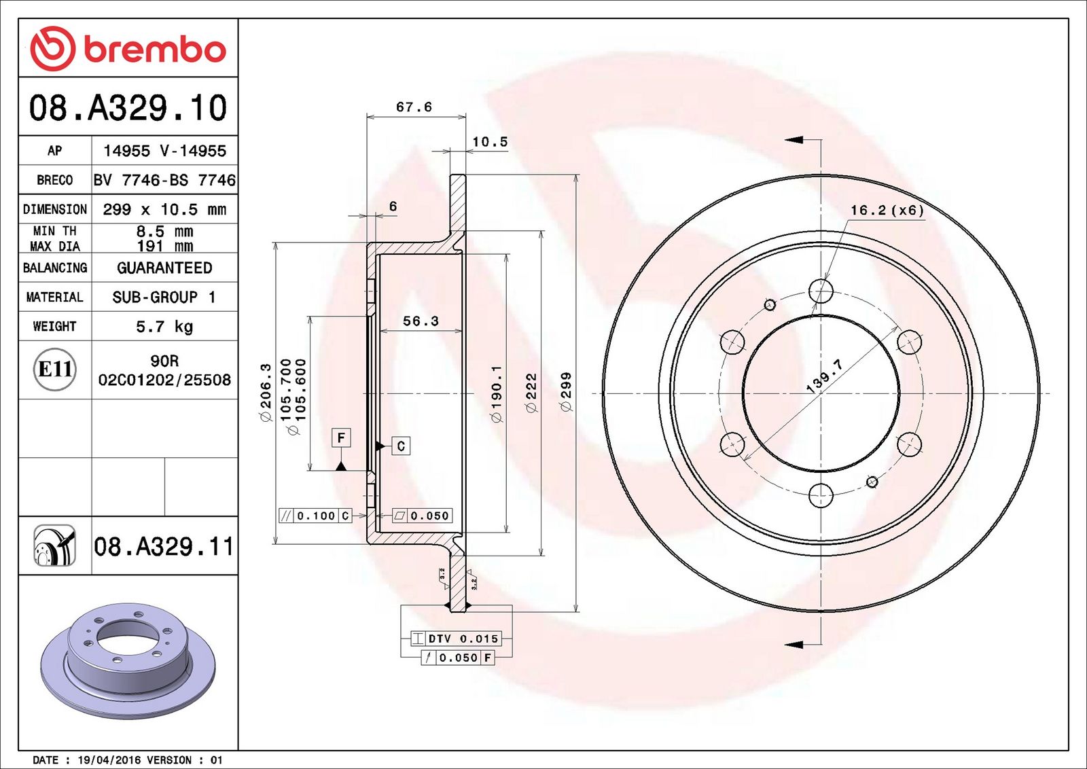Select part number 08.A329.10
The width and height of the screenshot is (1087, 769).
pyautogui.click(x=128, y=108)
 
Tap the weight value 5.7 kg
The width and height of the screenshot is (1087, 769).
pyautogui.click(x=164, y=327)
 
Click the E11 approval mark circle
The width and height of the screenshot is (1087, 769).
pyautogui.click(x=55, y=370)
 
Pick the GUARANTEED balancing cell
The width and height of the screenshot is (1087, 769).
pyautogui.click(x=164, y=268)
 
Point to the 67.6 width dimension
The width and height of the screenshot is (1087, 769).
pyautogui.click(x=414, y=107)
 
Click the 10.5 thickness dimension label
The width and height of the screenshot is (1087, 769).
pyautogui.click(x=490, y=142)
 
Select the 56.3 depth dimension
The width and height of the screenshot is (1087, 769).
pyautogui.click(x=421, y=321)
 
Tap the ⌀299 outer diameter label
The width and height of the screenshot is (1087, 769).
pyautogui.click(x=566, y=392)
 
